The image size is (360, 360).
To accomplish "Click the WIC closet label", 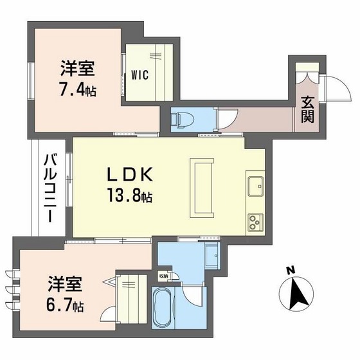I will [x=140, y=75].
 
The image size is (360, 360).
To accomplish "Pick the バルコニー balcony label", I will [x=49, y=188].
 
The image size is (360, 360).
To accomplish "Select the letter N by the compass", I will [x=291, y=269].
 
